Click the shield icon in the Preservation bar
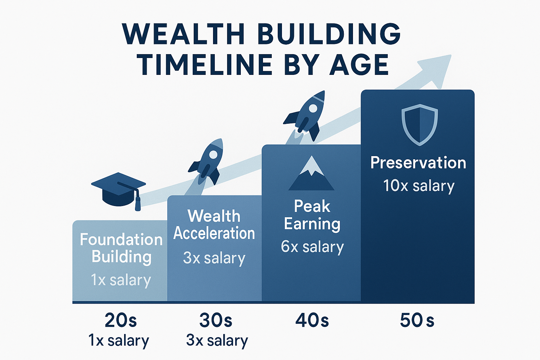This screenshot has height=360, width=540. (x=419, y=124)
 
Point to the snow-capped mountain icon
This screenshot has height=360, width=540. (x=311, y=174)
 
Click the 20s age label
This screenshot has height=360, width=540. (x=120, y=320)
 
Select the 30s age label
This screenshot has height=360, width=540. (x=216, y=320)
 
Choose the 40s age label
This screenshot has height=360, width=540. (x=312, y=320)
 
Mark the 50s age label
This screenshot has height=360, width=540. (x=417, y=320)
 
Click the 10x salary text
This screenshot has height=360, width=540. (x=418, y=186)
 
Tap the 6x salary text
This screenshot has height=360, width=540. (x=312, y=247)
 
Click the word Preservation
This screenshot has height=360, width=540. (x=418, y=163)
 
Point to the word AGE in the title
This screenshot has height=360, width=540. (x=359, y=65)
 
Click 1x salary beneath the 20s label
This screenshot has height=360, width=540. (x=118, y=340)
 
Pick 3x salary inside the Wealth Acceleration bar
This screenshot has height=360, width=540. (x=214, y=258)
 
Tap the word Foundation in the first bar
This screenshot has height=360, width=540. (x=121, y=240)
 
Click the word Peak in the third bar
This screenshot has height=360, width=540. (x=312, y=206)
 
